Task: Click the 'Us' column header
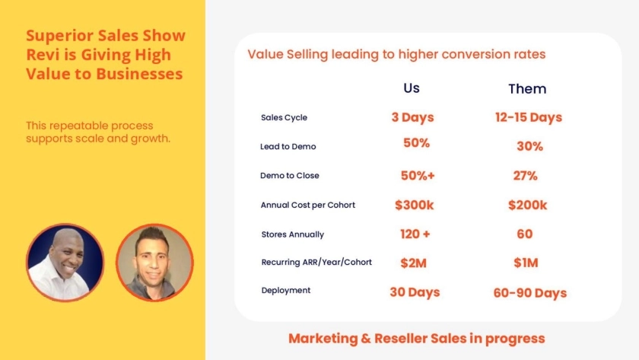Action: coord(412,88)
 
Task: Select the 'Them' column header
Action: coord(527,89)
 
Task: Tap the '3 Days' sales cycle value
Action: coord(412,117)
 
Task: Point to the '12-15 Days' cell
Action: coord(529,117)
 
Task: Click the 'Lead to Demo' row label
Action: coord(288,146)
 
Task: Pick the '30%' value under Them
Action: coord(529,146)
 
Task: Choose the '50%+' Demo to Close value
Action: coord(418,176)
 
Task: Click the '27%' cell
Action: coord(526,176)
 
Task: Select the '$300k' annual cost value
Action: coord(414,205)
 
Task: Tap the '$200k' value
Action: coord(527,205)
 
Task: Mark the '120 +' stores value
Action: coord(415,234)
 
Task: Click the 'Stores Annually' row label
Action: coord(293,234)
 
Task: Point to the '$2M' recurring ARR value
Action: coord(413,263)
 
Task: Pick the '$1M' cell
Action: coord(526,263)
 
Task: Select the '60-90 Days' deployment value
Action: coord(529,293)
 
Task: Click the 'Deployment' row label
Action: coord(286,290)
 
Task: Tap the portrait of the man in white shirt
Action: coord(65,262)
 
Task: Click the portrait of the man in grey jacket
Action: coord(154,262)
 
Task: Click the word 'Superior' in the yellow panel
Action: coord(59,37)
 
